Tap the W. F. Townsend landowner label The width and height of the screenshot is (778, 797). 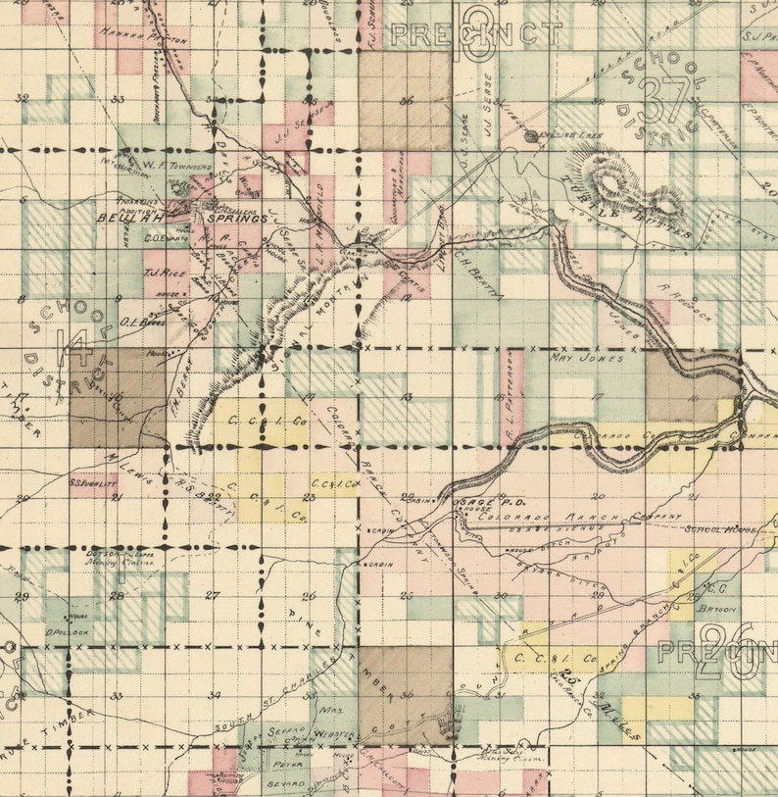[x=177, y=167]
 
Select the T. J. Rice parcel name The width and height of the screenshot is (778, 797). [x=159, y=274]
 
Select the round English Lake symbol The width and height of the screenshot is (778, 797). [x=533, y=137]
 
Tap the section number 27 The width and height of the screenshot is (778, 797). [x=212, y=595]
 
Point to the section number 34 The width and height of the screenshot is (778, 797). [x=214, y=695]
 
